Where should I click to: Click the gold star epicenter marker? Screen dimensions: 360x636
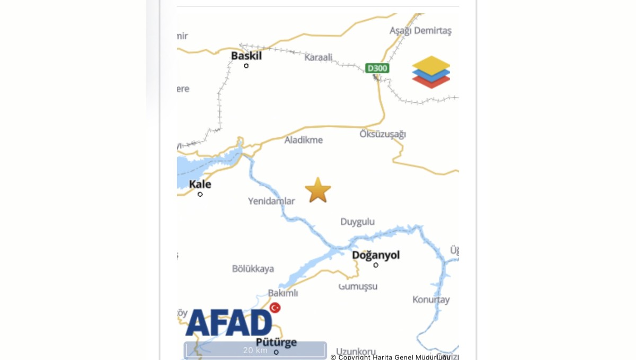coord(318,190)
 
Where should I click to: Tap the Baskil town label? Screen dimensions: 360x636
coord(246,55)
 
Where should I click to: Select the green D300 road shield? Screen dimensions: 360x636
coord(377,68)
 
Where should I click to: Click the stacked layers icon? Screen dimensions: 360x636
coord(431,72)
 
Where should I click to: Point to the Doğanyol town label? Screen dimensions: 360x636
coord(376,255)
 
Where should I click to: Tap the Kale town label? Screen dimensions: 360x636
coord(200,184)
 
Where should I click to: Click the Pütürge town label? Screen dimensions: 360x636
coord(276,342)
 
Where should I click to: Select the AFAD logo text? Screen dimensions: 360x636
coord(228,322)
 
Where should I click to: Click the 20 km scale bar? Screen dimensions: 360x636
coord(255,350)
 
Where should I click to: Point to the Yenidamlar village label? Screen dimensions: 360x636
coord(271,201)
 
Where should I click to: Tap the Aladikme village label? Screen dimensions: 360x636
coord(304,140)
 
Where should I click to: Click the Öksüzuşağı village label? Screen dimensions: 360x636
coord(383,134)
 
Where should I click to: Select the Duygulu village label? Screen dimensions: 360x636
coord(357,222)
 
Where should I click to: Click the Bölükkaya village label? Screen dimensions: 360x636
coord(253,269)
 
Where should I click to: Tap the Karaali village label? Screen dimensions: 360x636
coord(319,57)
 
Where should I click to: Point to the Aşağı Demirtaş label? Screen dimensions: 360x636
coord(420,31)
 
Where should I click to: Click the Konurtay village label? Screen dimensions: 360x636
coord(431,300)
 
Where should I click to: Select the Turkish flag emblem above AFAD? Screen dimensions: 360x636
coord(275,308)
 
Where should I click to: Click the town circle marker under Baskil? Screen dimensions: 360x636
coord(246,66)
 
